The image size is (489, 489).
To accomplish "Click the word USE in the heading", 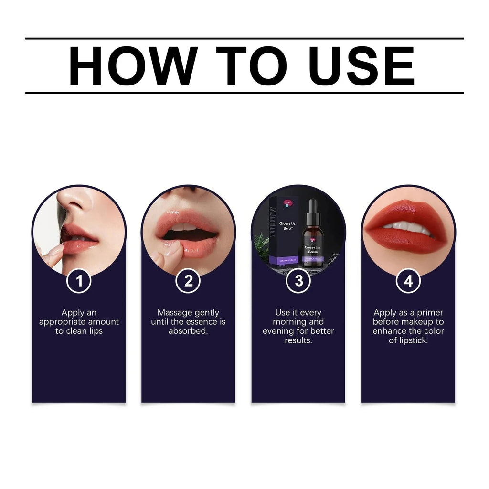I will (x=361, y=66).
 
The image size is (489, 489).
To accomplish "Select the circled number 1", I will (x=79, y=281).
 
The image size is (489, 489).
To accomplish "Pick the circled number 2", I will (x=189, y=281).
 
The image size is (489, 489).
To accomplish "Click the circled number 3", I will (x=298, y=281).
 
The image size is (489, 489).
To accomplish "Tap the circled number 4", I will (x=408, y=281).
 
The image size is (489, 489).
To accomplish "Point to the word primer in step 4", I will (x=430, y=313).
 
